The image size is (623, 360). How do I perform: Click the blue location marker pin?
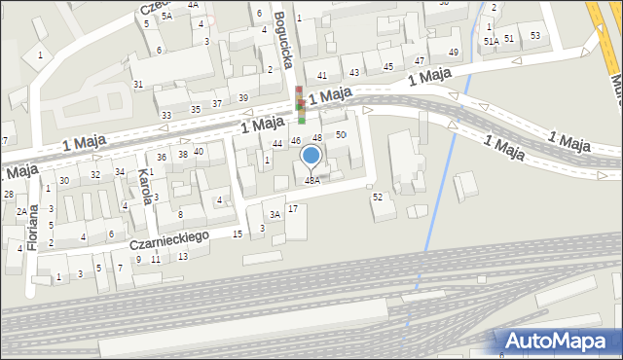click(311, 156)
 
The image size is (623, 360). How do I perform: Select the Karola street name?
click(145, 185)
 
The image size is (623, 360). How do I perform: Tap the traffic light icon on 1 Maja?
click(301, 105)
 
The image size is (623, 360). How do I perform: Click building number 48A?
click(311, 180)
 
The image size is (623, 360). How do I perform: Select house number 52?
click(378, 197)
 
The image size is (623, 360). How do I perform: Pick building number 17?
click(292, 209)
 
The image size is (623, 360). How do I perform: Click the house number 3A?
click(275, 214)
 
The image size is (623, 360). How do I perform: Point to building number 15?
click(238, 234)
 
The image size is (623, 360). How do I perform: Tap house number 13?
click(183, 257)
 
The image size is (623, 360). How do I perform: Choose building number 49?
click(454, 52)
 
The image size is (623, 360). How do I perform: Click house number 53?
click(535, 35)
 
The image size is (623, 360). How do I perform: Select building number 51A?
click(492, 42)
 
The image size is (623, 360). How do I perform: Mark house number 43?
click(354, 72)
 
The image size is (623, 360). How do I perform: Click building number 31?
click(138, 84)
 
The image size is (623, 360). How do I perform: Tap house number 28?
click(8, 195)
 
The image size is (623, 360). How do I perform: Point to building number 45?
click(387, 66)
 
